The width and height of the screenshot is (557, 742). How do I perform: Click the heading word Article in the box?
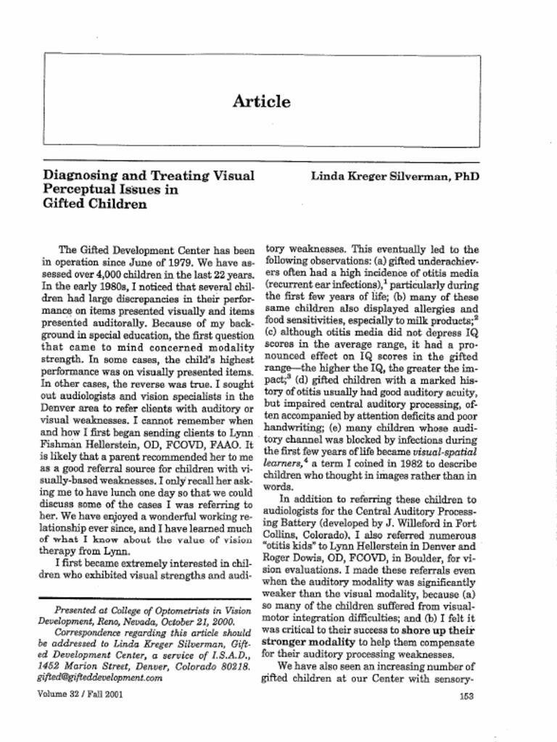coord(262,102)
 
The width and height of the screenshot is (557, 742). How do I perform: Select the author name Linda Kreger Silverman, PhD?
coord(395,176)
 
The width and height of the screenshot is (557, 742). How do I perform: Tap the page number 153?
coord(467,696)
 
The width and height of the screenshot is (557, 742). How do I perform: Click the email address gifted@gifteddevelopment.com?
coord(99,679)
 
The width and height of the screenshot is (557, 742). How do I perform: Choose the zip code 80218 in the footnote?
coord(234,667)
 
